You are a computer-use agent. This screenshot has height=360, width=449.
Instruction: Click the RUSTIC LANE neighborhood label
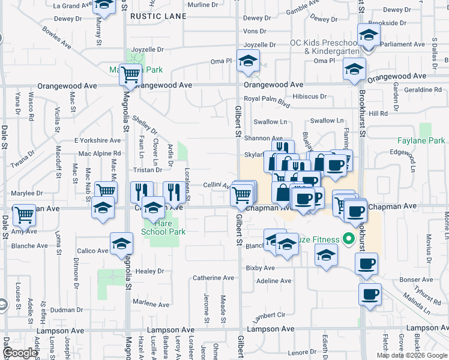coord(158,16)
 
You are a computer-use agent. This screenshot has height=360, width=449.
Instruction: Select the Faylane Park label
coord(421,141)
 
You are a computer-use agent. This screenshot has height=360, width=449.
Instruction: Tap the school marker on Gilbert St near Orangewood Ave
coord(248,61)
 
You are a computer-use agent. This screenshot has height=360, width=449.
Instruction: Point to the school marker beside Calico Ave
coord(121,244)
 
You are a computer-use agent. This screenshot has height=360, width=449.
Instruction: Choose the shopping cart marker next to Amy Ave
coord(24,214)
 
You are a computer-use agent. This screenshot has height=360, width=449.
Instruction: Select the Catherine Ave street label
coord(213,278)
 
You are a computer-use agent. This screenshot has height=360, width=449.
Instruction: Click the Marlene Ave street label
coord(151,302)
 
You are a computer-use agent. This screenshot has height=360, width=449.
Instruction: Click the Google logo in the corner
coord(20,353)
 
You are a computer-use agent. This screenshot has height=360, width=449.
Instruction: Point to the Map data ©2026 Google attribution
coord(412,355)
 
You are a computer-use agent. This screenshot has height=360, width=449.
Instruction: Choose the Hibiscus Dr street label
coord(310,96)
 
